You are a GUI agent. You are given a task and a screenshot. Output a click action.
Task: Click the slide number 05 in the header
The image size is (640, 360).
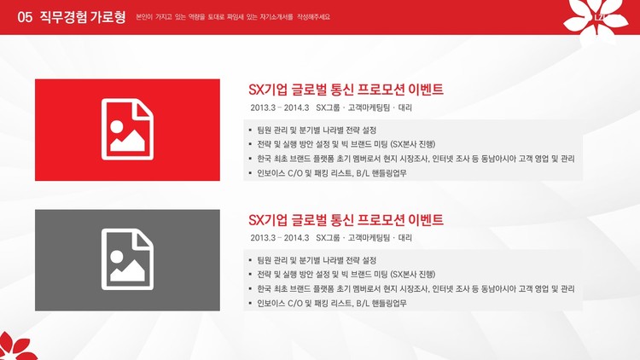(25, 17)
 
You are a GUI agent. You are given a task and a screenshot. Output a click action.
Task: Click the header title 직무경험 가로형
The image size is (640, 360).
(83, 17)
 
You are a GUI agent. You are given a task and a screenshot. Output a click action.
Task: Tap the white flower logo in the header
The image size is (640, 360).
(596, 19)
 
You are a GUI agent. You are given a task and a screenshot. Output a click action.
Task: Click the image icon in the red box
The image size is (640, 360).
(127, 129)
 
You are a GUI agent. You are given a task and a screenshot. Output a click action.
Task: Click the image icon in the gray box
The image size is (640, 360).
(127, 259)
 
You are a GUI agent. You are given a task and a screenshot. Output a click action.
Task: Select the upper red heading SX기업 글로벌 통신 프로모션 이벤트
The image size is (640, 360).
(346, 90)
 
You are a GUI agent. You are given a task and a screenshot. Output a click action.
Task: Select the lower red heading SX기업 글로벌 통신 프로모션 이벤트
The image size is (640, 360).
(346, 220)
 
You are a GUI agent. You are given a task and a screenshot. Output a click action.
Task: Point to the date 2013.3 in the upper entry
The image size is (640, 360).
(264, 107)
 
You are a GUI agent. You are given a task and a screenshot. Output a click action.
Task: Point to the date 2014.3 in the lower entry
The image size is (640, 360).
(296, 237)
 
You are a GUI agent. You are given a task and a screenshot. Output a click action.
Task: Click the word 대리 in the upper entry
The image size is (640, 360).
(404, 107)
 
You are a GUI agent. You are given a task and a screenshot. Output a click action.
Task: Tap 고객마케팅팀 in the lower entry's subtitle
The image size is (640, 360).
(369, 237)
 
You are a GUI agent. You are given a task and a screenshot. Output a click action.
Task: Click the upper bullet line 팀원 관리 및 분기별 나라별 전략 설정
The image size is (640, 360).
(317, 131)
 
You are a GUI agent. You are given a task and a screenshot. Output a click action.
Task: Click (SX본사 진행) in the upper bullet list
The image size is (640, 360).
(413, 144)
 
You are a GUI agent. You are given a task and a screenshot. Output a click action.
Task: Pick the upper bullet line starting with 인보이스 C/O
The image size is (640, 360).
(332, 173)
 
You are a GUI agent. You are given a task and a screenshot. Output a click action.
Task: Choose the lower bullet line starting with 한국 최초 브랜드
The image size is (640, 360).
(416, 289)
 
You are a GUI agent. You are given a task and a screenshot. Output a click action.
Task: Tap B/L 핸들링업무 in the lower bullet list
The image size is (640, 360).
(381, 303)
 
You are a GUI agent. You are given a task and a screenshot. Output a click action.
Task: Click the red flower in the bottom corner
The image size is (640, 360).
(17, 346)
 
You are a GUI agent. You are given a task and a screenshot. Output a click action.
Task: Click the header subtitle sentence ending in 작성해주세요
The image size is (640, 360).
(233, 17)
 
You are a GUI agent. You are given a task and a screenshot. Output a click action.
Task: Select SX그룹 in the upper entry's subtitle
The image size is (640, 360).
(328, 107)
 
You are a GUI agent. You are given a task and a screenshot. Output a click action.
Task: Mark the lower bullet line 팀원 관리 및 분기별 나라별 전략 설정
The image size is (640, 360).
(317, 260)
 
